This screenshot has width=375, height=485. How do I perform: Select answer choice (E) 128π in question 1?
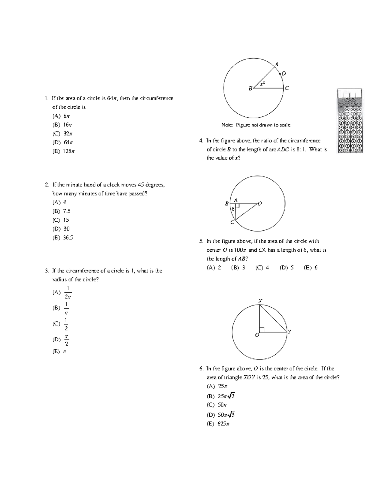click(x=63, y=151)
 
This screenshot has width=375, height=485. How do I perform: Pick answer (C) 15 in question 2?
click(x=61, y=220)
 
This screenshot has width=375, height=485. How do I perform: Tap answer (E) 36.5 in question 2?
click(x=63, y=238)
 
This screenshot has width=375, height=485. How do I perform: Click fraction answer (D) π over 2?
click(x=61, y=340)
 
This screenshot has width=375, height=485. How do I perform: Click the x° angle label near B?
click(x=262, y=83)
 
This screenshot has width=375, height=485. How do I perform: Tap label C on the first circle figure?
click(x=287, y=88)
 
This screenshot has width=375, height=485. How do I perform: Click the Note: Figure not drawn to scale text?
click(x=256, y=125)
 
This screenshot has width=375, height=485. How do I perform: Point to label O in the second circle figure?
click(x=260, y=204)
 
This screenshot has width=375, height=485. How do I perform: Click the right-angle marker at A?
click(x=237, y=205)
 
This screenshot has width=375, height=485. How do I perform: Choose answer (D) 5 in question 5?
click(x=287, y=268)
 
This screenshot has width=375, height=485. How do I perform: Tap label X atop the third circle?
click(x=260, y=301)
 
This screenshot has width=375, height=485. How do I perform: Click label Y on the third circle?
click(x=290, y=332)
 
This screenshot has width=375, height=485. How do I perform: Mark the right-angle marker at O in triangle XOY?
click(x=262, y=330)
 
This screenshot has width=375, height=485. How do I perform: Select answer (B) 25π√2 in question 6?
click(x=221, y=396)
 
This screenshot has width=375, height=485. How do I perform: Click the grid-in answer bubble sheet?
click(x=350, y=121)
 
